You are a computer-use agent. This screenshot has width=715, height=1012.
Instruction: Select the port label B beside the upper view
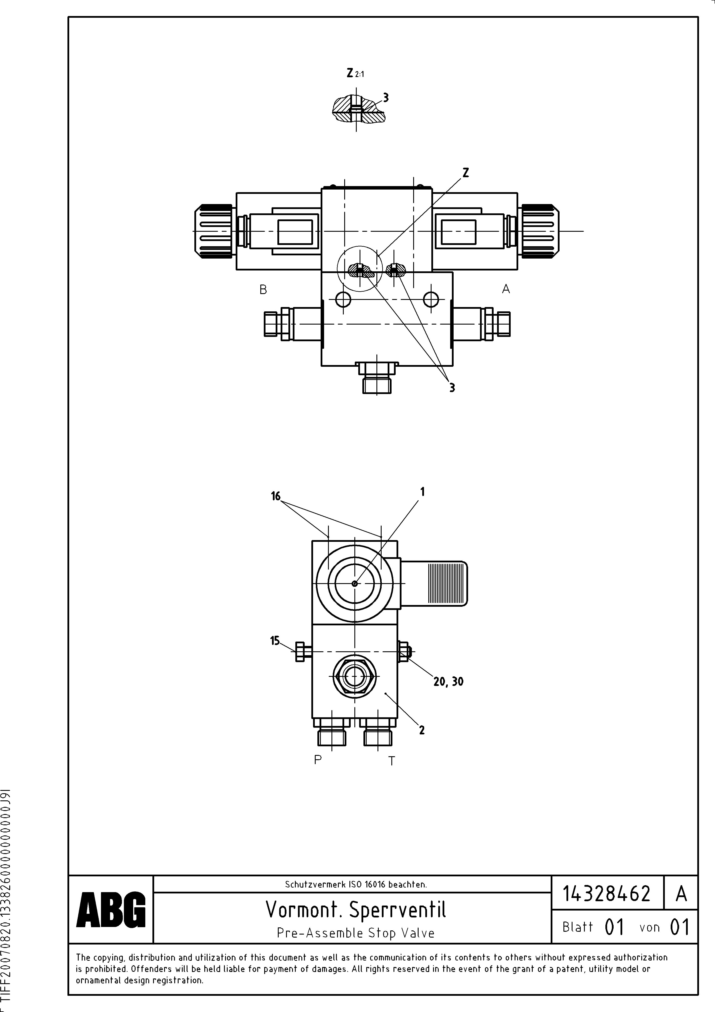point(263,290)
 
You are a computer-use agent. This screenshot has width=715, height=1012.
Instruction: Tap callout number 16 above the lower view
point(276,497)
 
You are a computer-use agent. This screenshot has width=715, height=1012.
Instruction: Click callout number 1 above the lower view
point(422,492)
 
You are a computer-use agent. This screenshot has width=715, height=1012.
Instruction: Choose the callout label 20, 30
point(448,681)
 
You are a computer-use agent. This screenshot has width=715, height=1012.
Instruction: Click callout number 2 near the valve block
point(422,730)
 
